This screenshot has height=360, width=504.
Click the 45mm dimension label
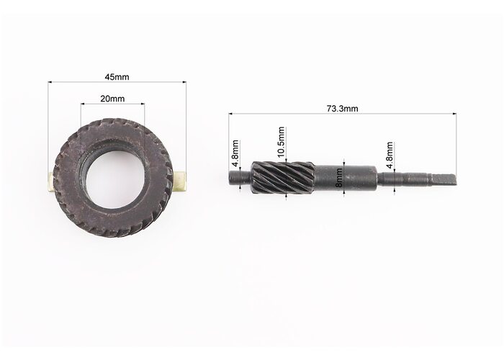(x=117, y=77)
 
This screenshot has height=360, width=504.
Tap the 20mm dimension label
(x=112, y=99)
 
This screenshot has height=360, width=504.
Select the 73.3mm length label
(x=342, y=109)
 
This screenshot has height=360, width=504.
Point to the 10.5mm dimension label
(x=281, y=143)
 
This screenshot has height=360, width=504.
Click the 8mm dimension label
(x=339, y=182)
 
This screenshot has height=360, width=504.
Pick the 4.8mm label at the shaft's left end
(x=235, y=153)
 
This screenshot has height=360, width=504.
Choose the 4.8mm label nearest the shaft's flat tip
(x=390, y=155)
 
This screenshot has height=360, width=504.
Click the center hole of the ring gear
(x=114, y=180)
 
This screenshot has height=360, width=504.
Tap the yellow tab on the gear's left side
(x=51, y=182)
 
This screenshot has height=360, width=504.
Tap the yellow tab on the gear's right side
(x=180, y=182)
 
